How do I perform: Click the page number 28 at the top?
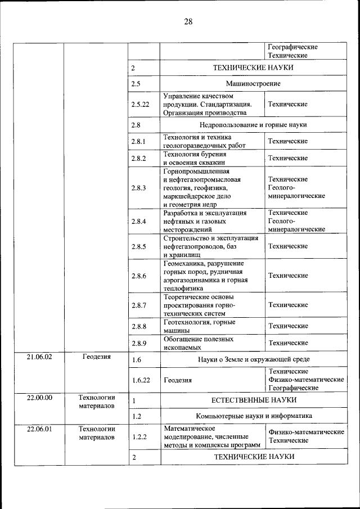click(188, 22)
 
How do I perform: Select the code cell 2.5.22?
click(140, 105)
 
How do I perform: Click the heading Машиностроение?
click(253, 84)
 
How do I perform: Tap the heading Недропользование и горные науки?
click(253, 125)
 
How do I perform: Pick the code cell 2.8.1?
click(138, 142)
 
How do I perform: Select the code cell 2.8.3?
click(138, 188)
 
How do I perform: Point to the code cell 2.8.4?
click(138, 222)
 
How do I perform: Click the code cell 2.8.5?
click(138, 246)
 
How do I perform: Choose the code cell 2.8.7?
click(138, 305)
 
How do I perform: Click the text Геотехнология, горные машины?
click(199, 326)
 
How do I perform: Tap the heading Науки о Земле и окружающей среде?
click(253, 359)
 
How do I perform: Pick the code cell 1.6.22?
click(140, 380)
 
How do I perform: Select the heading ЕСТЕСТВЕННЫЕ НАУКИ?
click(254, 400)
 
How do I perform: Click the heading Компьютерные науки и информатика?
click(254, 417)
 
